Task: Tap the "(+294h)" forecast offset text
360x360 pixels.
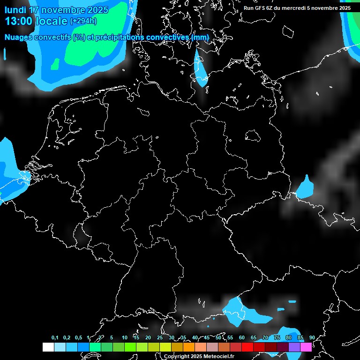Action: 83,21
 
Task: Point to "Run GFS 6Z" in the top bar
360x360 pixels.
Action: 260,8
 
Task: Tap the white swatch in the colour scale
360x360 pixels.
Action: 48,347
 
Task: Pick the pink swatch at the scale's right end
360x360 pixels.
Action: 306,347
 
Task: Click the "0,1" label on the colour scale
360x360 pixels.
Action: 55,337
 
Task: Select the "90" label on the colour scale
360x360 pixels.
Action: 312,337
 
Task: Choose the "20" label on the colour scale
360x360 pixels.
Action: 148,337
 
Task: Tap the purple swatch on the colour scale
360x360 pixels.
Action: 294,347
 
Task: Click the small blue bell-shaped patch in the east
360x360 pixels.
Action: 306,187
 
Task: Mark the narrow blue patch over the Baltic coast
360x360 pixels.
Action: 201,68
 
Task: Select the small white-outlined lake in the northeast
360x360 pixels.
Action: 253,136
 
